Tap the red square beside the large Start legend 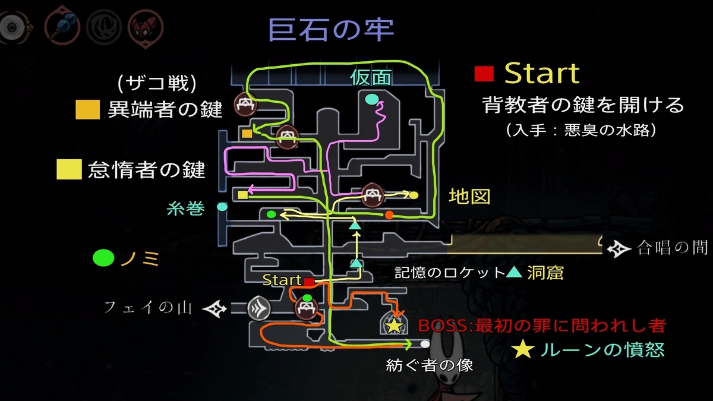click(484, 74)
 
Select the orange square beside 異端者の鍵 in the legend click(84, 109)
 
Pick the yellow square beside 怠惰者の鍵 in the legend click(68, 170)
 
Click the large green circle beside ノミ click(103, 258)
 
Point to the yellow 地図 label click(469, 196)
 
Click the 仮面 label click(371, 78)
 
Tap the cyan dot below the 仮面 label click(372, 99)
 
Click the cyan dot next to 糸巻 click(222, 207)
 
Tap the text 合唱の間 click(672, 247)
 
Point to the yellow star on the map click(393, 326)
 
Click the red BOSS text click(541, 326)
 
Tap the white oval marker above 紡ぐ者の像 click(424, 344)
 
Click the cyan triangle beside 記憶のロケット click(515, 273)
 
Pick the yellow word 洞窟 click(545, 273)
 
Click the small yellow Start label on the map click(282, 280)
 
